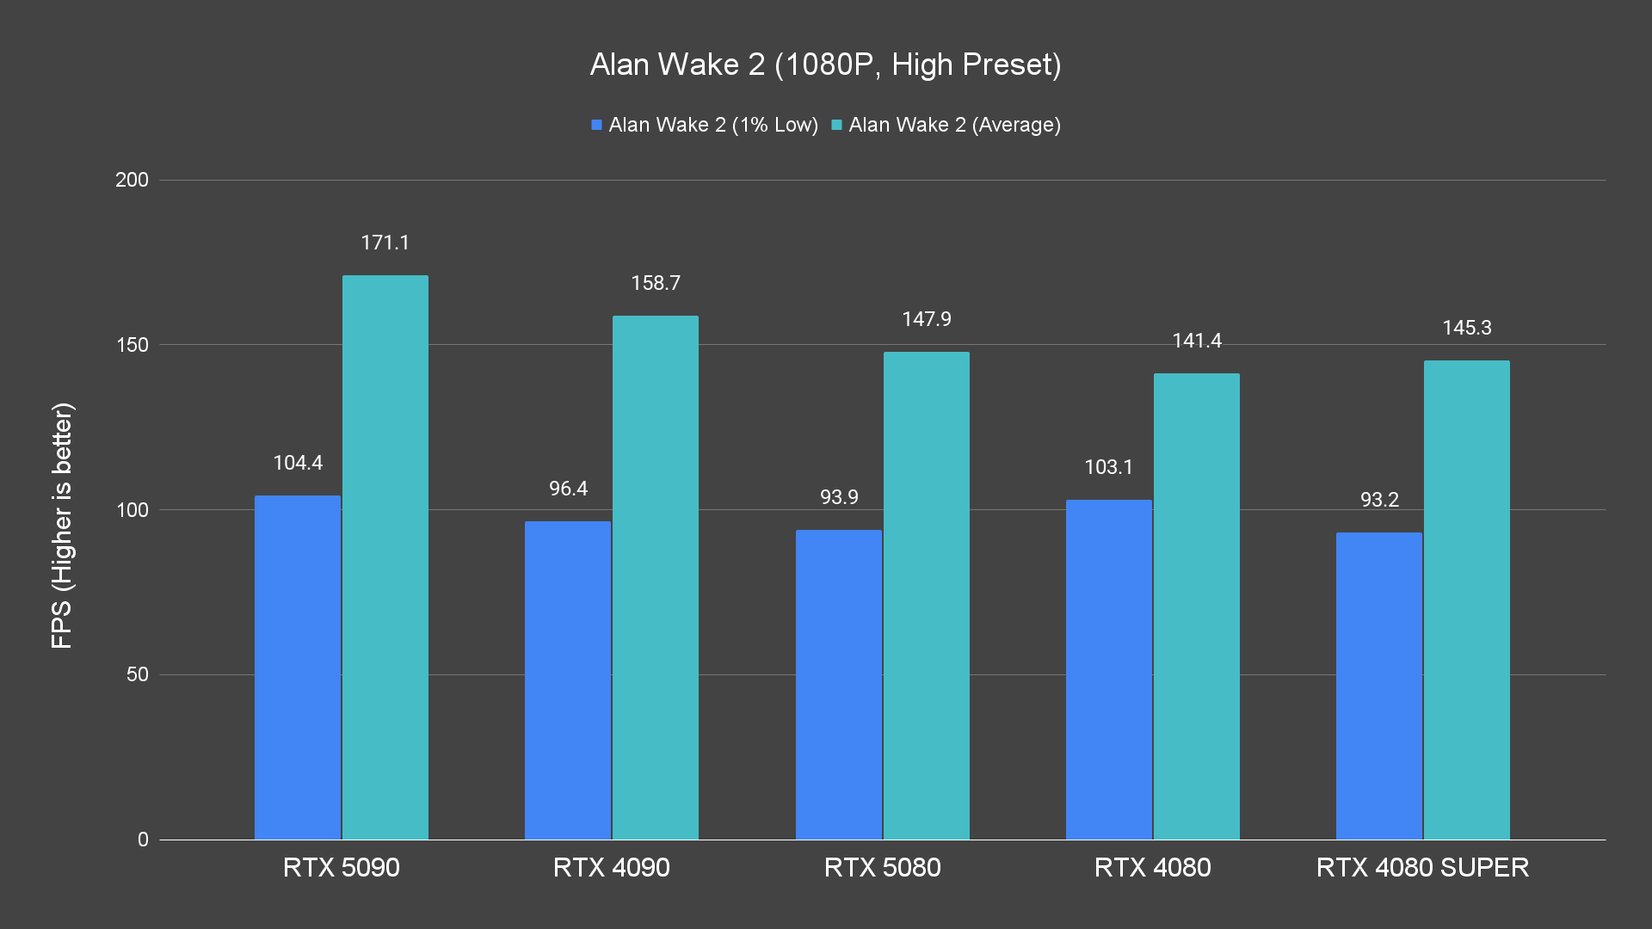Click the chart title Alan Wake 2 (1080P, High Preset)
tap(825, 65)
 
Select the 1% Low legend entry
tap(705, 126)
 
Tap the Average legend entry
tap(946, 126)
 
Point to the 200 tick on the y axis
tap(132, 180)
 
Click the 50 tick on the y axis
tap(138, 674)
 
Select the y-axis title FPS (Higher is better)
tap(62, 525)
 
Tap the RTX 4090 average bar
tap(655, 577)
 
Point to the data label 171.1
tap(385, 243)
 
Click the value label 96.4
tap(568, 489)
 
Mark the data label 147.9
tap(926, 319)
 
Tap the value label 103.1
tap(1108, 467)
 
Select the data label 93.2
tap(1379, 500)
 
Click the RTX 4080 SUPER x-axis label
tap(1422, 867)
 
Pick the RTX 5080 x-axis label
tap(882, 867)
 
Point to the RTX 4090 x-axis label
tap(611, 867)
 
